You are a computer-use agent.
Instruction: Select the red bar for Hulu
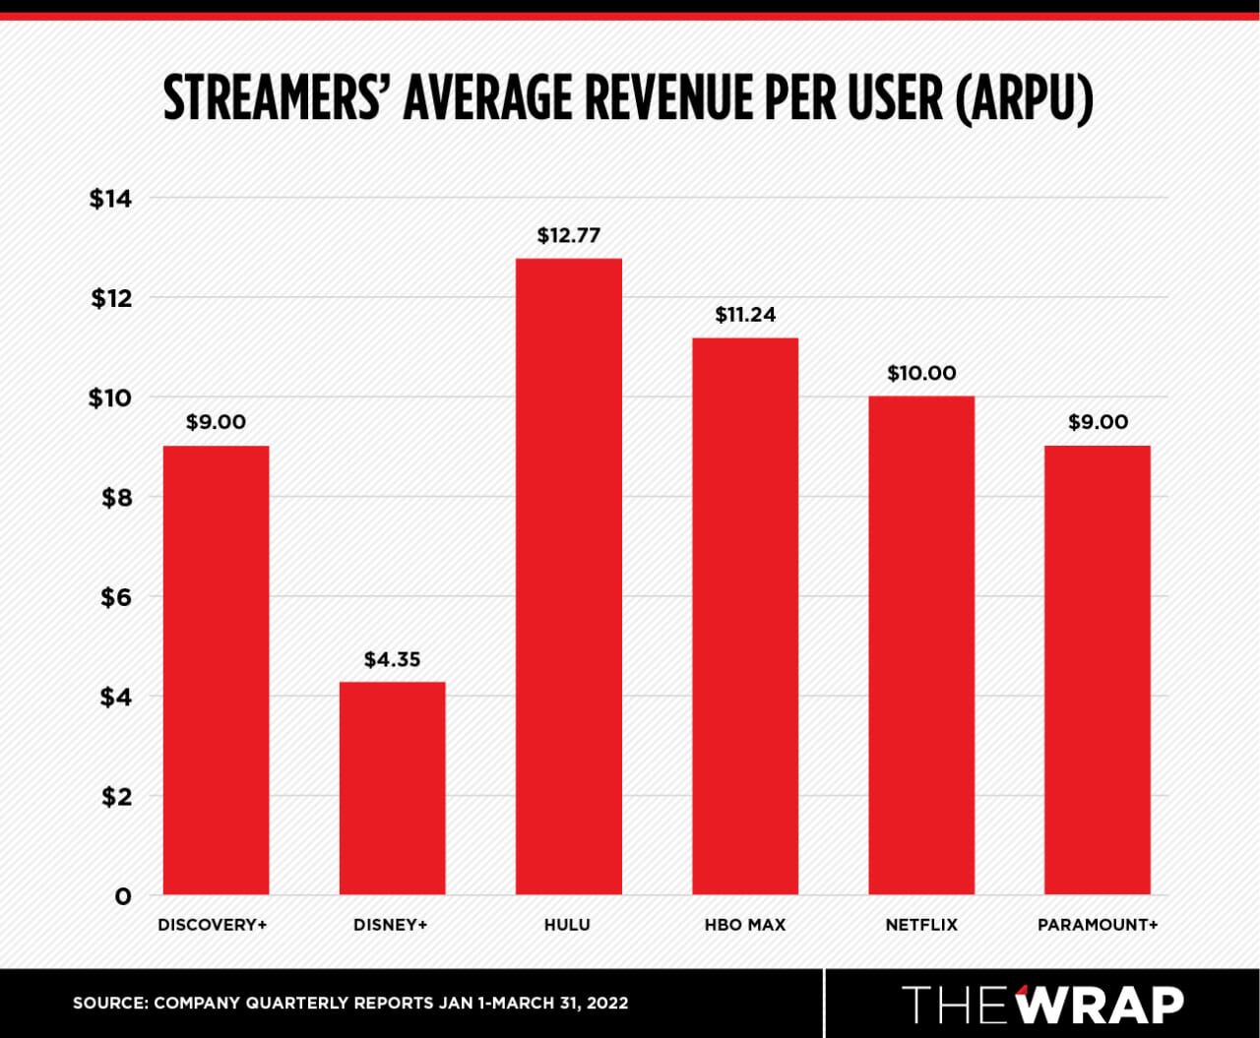[568, 576]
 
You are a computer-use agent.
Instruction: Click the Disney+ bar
[392, 787]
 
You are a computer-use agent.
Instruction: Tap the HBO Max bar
[745, 615]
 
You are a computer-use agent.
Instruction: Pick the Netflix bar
[921, 644]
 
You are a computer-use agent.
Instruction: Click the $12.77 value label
[568, 236]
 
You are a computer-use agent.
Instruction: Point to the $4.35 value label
[392, 660]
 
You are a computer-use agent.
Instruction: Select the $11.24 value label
[745, 315]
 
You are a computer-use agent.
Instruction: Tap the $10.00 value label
[921, 374]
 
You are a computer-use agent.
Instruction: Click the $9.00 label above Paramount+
[1098, 423]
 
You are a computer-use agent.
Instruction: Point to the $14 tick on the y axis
[110, 199]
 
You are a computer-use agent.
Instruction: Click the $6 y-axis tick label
[116, 597]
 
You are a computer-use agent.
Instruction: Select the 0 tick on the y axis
[122, 896]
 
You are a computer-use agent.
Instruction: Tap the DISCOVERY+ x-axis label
[213, 925]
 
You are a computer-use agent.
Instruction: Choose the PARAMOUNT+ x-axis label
[1098, 925]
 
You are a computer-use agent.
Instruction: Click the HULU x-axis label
[567, 925]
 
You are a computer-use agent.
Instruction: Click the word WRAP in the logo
[1100, 1005]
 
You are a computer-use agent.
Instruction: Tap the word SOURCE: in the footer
[109, 1004]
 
